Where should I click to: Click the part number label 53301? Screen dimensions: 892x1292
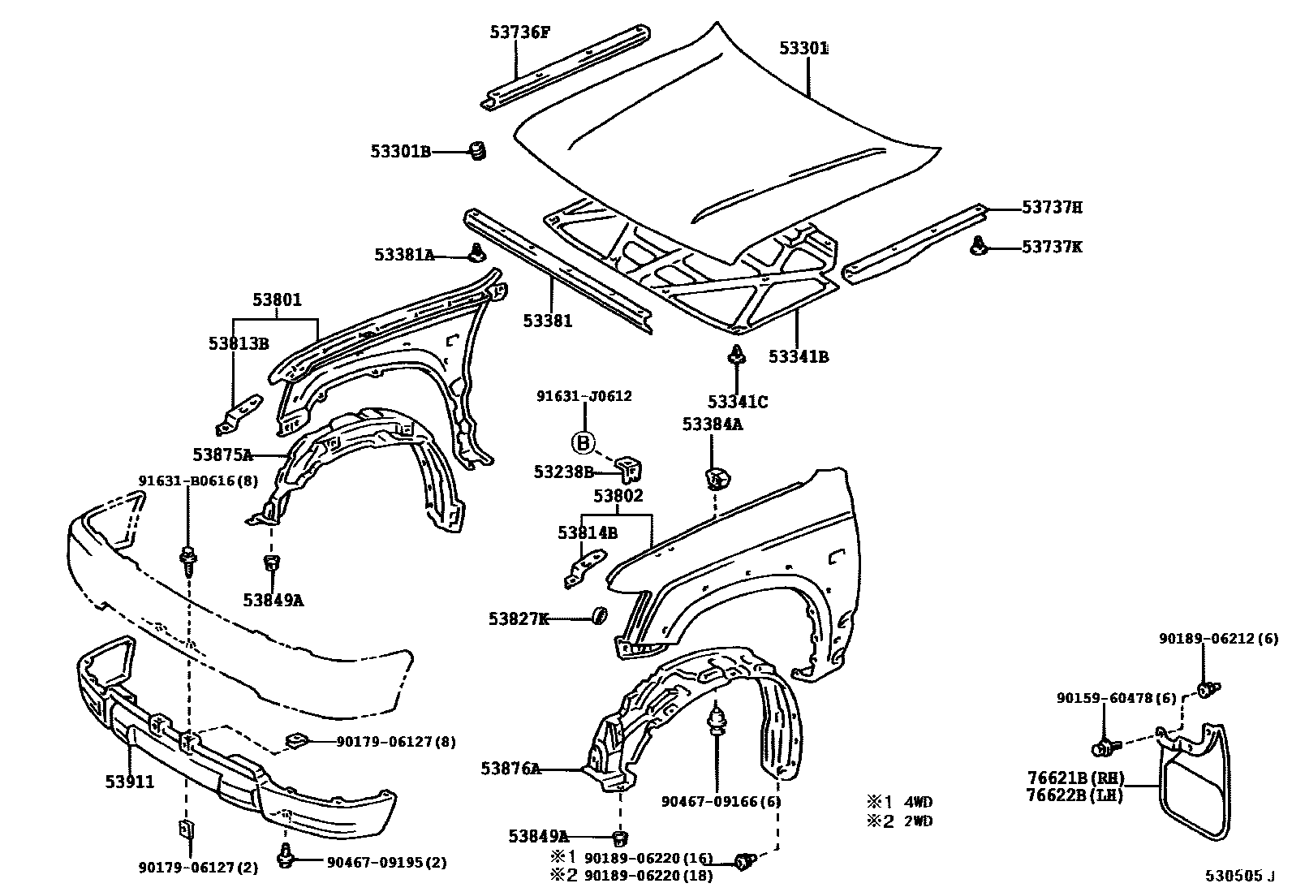pos(803,49)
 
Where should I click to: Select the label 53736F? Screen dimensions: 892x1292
pos(519,32)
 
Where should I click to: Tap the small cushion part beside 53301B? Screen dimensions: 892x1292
pos(478,150)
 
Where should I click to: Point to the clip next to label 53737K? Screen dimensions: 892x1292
pos(980,246)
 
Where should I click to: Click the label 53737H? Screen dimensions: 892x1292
pos(1052,208)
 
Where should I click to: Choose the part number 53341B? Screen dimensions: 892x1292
pos(799,356)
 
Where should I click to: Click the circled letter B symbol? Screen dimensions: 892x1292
pos(584,442)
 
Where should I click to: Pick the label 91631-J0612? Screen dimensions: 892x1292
pos(584,397)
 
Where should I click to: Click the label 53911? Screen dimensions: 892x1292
pos(130,782)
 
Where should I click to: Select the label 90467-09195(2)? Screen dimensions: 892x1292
pos(387,863)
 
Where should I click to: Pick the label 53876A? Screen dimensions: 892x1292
pos(510,768)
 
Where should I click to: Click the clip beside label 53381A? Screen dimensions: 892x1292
pos(478,253)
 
